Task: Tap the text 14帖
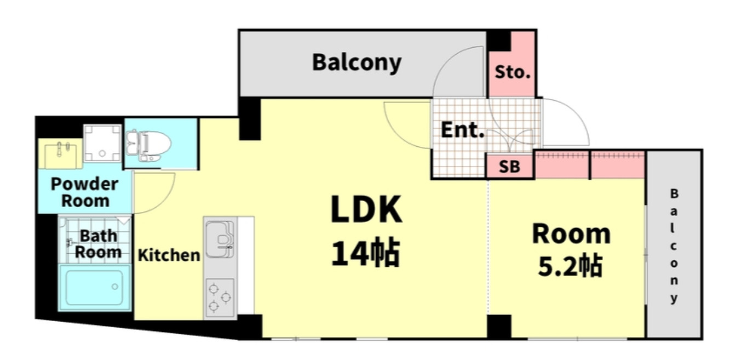pyautogui.click(x=365, y=253)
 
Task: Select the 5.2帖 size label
pyautogui.click(x=570, y=266)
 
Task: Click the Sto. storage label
pyautogui.click(x=513, y=72)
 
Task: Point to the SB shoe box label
pyautogui.click(x=510, y=167)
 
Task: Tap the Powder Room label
pyautogui.click(x=84, y=192)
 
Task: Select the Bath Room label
pyautogui.click(x=98, y=244)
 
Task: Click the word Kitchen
pyautogui.click(x=169, y=255)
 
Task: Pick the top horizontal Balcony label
pyautogui.click(x=357, y=62)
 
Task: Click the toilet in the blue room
pyautogui.click(x=148, y=145)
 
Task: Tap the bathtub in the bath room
pyautogui.click(x=95, y=287)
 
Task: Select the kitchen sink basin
pyautogui.click(x=220, y=239)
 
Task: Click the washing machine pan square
pyautogui.click(x=102, y=143)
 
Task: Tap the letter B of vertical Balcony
pyautogui.click(x=674, y=193)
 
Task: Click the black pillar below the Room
pyautogui.click(x=499, y=326)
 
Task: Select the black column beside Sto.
pyautogui.click(x=498, y=41)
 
